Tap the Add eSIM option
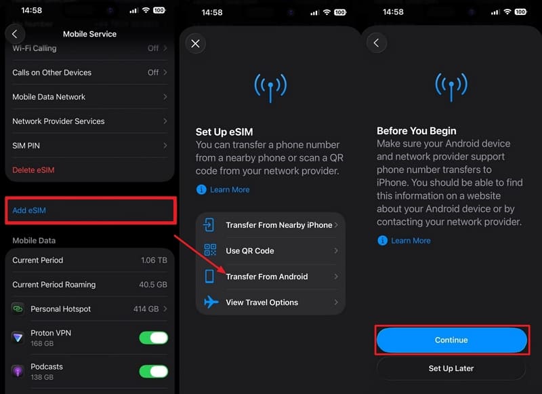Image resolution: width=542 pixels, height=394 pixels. [29, 210]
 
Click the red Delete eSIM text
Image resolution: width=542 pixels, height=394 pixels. [33, 170]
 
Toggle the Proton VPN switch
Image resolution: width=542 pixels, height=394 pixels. [154, 338]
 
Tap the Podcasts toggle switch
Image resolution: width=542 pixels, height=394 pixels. [154, 371]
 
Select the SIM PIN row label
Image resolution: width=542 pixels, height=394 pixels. [26, 146]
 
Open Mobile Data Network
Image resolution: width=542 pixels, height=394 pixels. [49, 97]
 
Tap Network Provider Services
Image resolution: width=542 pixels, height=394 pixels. [58, 121]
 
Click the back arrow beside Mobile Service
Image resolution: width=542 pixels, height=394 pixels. [15, 34]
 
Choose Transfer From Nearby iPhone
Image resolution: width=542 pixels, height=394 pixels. [279, 225]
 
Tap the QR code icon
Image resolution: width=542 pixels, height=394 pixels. [210, 250]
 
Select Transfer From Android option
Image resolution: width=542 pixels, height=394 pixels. [267, 277]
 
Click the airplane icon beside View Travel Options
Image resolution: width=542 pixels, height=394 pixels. [211, 302]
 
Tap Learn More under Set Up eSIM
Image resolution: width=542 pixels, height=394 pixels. [230, 190]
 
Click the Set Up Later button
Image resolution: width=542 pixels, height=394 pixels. [451, 368]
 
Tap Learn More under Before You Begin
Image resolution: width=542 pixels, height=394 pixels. [411, 241]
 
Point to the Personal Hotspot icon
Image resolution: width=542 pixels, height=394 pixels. [18, 308]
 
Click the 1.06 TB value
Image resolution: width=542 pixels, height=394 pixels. [154, 260]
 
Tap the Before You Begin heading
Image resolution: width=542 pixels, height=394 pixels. [417, 131]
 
